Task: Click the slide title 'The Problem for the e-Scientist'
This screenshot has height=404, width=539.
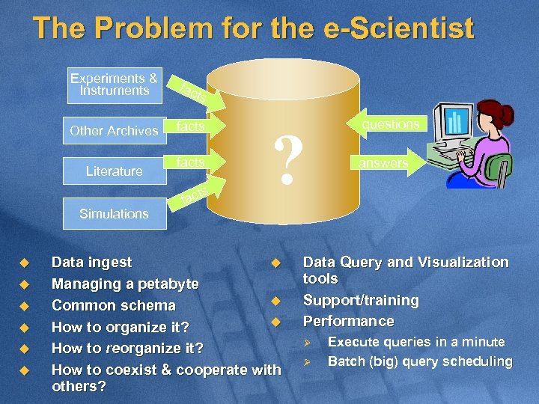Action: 253,29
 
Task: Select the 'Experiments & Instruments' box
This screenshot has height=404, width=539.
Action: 114,85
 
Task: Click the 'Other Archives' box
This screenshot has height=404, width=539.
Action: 114,130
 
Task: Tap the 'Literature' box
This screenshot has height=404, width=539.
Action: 114,171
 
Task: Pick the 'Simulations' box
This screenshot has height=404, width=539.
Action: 114,213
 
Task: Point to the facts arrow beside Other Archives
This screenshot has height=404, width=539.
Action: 194,126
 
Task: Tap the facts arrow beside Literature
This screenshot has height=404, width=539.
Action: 194,162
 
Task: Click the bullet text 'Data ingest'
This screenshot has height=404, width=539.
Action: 91,263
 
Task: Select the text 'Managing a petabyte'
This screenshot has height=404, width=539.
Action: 125,284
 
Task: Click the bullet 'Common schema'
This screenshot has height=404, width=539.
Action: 113,305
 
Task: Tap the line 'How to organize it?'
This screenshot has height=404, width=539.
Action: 120,327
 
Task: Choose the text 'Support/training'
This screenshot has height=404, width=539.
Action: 360,300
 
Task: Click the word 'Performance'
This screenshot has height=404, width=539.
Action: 348,321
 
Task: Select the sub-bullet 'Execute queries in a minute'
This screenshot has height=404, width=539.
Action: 416,342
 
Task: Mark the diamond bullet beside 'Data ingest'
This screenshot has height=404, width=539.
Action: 23,263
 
